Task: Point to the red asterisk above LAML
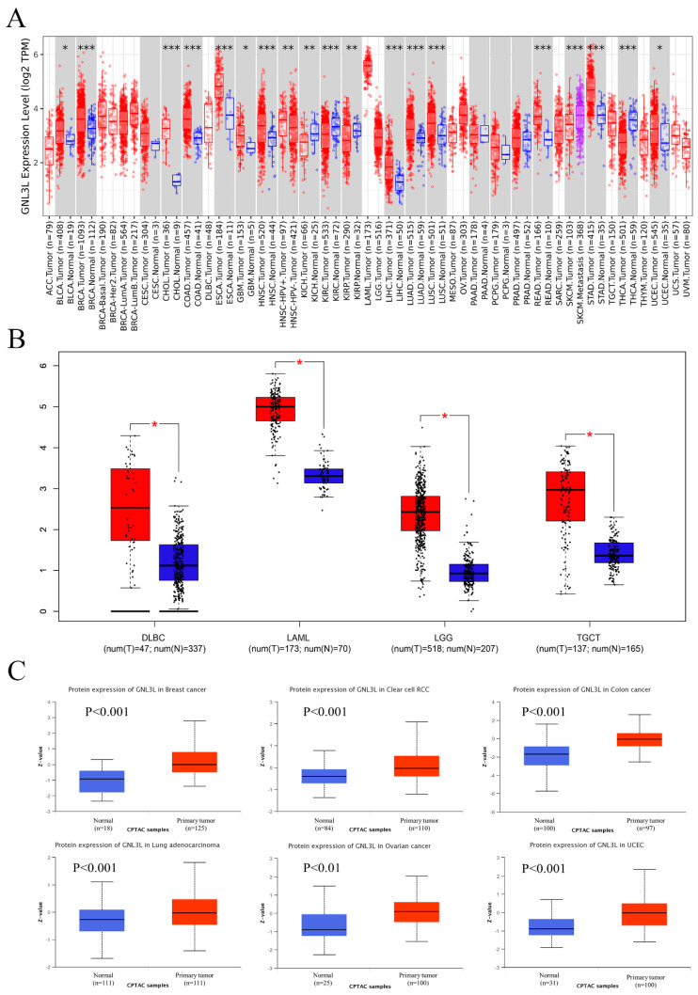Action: click(299, 364)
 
